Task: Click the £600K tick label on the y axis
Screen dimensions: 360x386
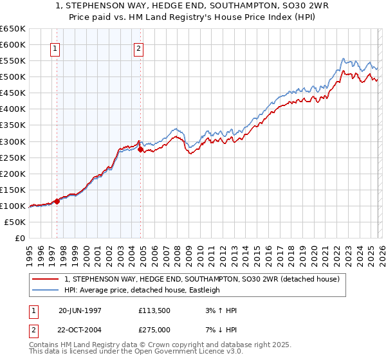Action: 12,44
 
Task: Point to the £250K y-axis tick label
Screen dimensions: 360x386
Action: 12,157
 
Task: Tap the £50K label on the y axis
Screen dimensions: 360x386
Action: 15,222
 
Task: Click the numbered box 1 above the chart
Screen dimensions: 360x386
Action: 55,48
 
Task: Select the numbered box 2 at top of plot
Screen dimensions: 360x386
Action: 139,48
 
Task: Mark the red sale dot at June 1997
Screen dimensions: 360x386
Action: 57,201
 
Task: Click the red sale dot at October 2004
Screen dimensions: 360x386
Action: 141,149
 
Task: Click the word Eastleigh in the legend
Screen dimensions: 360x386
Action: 203,290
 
